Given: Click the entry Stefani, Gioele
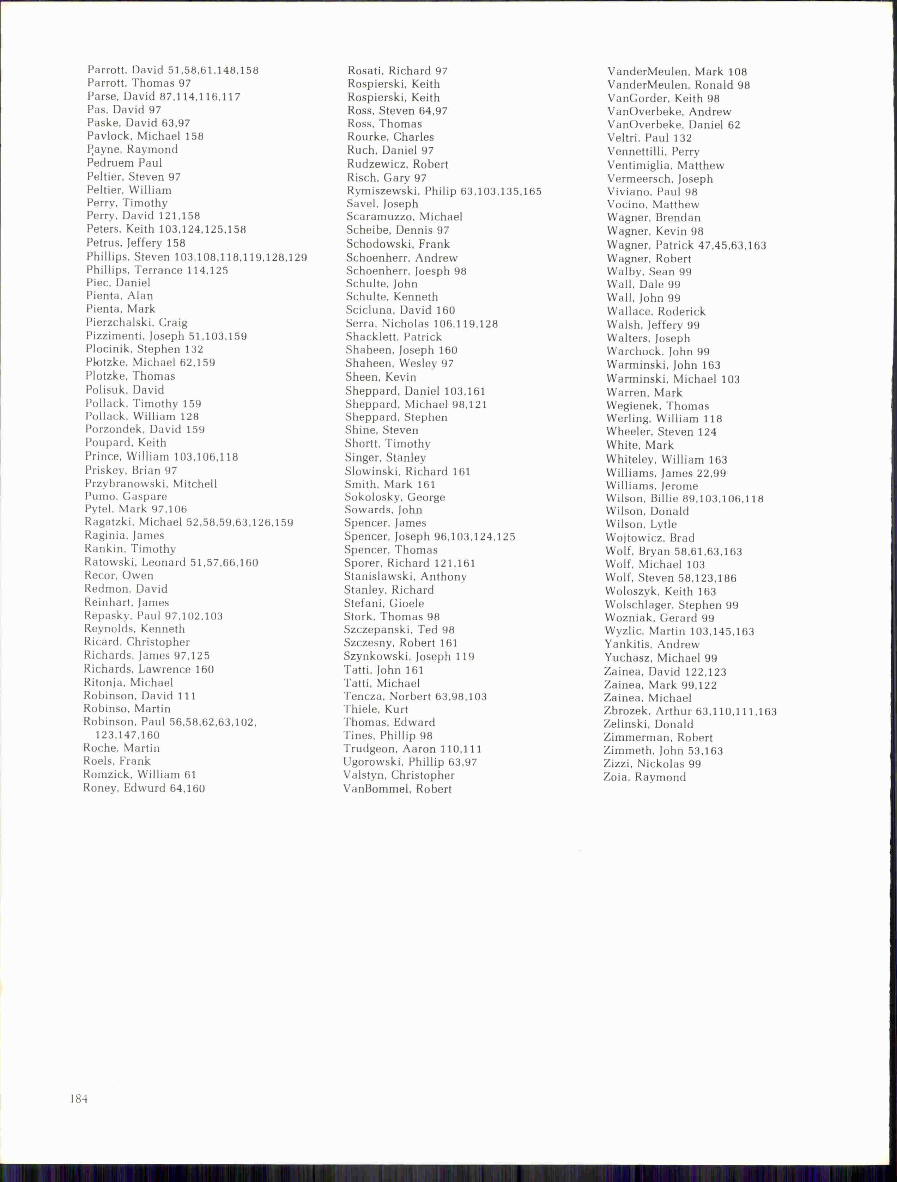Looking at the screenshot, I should click(x=384, y=603).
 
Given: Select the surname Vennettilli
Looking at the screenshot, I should click(x=636, y=152).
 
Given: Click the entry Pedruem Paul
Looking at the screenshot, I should click(x=124, y=163).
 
